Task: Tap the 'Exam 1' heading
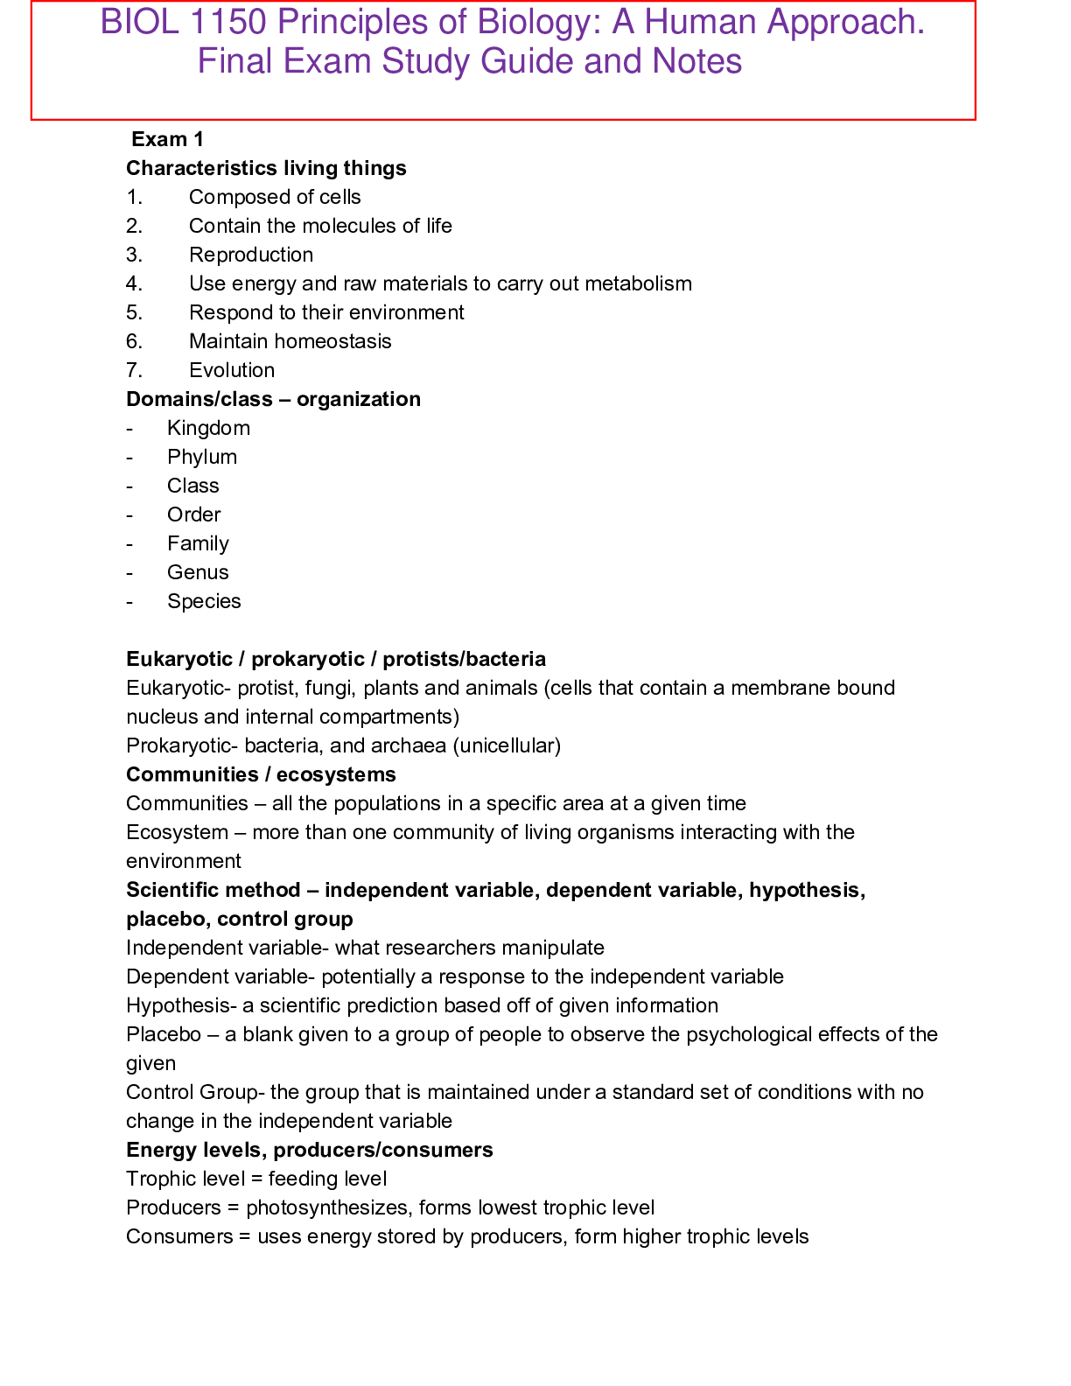pyautogui.click(x=167, y=139)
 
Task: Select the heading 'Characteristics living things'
pyautogui.click(x=266, y=168)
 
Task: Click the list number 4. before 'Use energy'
pyautogui.click(x=134, y=283)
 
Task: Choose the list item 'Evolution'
pyautogui.click(x=232, y=370)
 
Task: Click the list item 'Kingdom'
pyautogui.click(x=208, y=428)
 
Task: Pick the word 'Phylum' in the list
pyautogui.click(x=202, y=457)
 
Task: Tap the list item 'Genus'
pyautogui.click(x=198, y=572)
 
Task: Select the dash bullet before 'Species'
pyautogui.click(x=129, y=601)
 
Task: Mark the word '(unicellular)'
pyautogui.click(x=507, y=745)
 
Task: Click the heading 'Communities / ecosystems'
pyautogui.click(x=261, y=774)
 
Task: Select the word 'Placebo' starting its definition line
pyautogui.click(x=164, y=1034)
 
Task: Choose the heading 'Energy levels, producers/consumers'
pyautogui.click(x=309, y=1150)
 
